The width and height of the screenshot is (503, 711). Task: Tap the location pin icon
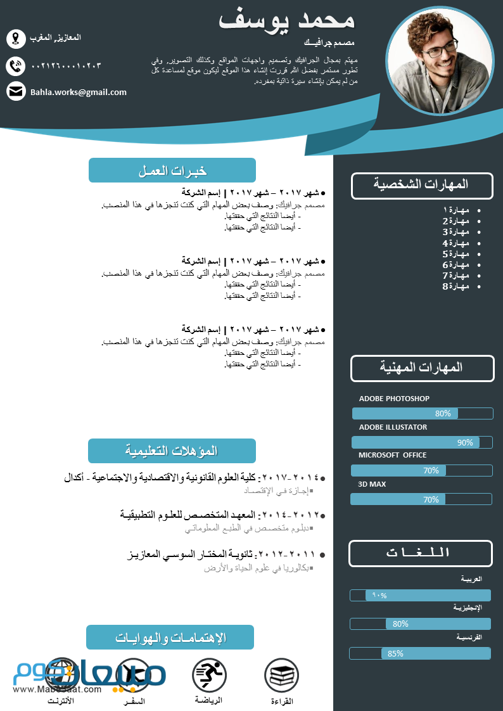tap(16, 39)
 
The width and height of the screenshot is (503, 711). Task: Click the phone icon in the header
tap(16, 65)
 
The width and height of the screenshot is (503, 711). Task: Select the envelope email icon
tap(16, 91)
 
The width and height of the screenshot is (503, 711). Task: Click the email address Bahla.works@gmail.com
tap(79, 92)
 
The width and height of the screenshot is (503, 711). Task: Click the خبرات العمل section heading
tap(172, 170)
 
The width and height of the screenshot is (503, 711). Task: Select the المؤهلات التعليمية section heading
tap(172, 451)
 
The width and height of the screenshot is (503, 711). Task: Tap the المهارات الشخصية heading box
tap(422, 185)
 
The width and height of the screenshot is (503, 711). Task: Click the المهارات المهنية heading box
tap(422, 368)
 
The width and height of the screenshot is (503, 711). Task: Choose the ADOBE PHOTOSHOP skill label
tap(394, 399)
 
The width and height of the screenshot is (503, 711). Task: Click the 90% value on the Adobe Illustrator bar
tap(465, 442)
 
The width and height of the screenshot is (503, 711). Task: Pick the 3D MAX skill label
tap(372, 484)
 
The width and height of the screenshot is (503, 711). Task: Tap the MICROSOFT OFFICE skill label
tap(393, 455)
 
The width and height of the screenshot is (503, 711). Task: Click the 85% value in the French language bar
tap(395, 653)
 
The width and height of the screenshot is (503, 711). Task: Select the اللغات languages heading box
tap(421, 553)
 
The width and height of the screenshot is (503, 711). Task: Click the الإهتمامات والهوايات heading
tap(170, 637)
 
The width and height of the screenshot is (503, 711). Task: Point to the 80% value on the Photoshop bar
tap(443, 413)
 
